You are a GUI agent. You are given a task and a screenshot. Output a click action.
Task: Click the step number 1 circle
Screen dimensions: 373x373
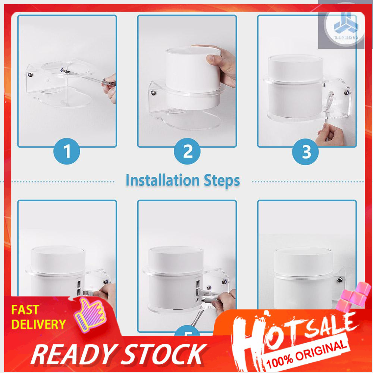pos(67,151)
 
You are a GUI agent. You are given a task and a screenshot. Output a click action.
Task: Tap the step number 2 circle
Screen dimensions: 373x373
pos(187,151)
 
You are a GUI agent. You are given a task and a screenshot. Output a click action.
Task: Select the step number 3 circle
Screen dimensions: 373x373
pos(305,152)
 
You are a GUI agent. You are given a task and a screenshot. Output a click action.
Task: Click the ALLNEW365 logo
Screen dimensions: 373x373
pos(345,26)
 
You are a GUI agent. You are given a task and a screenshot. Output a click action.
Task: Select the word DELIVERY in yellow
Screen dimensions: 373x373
pos(38,325)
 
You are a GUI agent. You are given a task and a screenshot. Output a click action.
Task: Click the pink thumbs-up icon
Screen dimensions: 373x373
pos(90,314)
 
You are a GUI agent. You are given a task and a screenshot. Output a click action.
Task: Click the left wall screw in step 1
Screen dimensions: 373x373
pos(31,75)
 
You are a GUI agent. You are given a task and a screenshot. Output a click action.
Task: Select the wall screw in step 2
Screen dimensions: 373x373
pos(154,93)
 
